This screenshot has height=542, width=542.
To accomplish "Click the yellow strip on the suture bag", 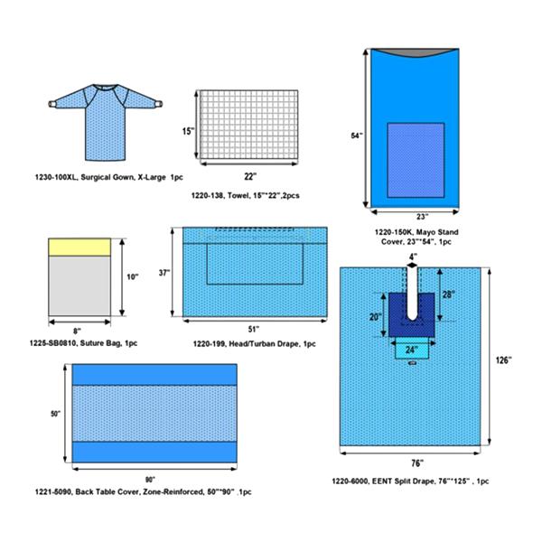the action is (79, 248).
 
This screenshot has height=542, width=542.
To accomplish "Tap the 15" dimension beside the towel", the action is (189, 131).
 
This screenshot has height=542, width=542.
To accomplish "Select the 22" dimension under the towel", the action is (250, 177).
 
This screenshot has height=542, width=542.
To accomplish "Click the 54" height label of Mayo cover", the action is (357, 135).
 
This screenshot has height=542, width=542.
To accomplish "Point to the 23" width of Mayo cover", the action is (422, 217).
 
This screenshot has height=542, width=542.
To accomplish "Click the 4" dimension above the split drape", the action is (413, 257).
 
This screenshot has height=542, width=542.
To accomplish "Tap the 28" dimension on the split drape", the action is (449, 294).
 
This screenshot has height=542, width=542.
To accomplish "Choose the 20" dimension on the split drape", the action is (375, 317).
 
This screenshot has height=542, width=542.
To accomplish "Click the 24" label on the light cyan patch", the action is (410, 350).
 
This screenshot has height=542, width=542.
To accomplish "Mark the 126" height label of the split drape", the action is (504, 360).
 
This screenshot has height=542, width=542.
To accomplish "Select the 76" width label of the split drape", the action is (417, 463).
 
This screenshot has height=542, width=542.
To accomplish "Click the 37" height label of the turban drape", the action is (164, 273).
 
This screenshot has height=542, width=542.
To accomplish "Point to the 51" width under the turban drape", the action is (254, 330).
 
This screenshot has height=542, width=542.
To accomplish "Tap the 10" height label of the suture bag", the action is (133, 276).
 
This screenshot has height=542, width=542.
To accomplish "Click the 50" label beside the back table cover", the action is (56, 414).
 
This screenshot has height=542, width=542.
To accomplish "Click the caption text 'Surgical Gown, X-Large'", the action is (123, 177).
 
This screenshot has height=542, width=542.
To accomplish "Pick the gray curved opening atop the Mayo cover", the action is (415, 53).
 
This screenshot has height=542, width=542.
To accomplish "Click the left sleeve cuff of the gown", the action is (51, 103).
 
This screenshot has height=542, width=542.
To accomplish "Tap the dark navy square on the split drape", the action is (411, 315).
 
